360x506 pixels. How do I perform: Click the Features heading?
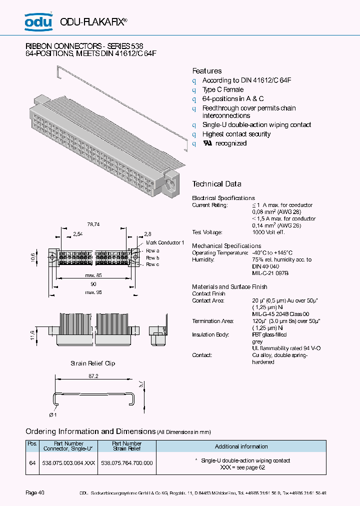click(207, 71)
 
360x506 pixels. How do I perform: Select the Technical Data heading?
click(216, 184)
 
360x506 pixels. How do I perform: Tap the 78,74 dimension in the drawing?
click(93, 225)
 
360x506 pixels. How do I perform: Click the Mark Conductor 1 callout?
click(165, 242)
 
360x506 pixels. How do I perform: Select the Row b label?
click(152, 257)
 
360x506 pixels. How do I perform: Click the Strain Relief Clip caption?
click(92, 363)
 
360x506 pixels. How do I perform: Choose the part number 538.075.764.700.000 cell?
click(127, 463)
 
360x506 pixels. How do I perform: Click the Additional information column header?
click(241, 446)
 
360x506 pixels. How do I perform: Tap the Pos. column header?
click(32, 443)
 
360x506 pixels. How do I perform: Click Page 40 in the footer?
click(35, 493)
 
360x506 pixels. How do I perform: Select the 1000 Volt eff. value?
click(268, 232)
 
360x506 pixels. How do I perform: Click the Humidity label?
click(203, 259)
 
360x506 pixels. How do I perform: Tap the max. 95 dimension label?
click(93, 292)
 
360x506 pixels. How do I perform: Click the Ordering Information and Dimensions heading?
click(90, 431)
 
